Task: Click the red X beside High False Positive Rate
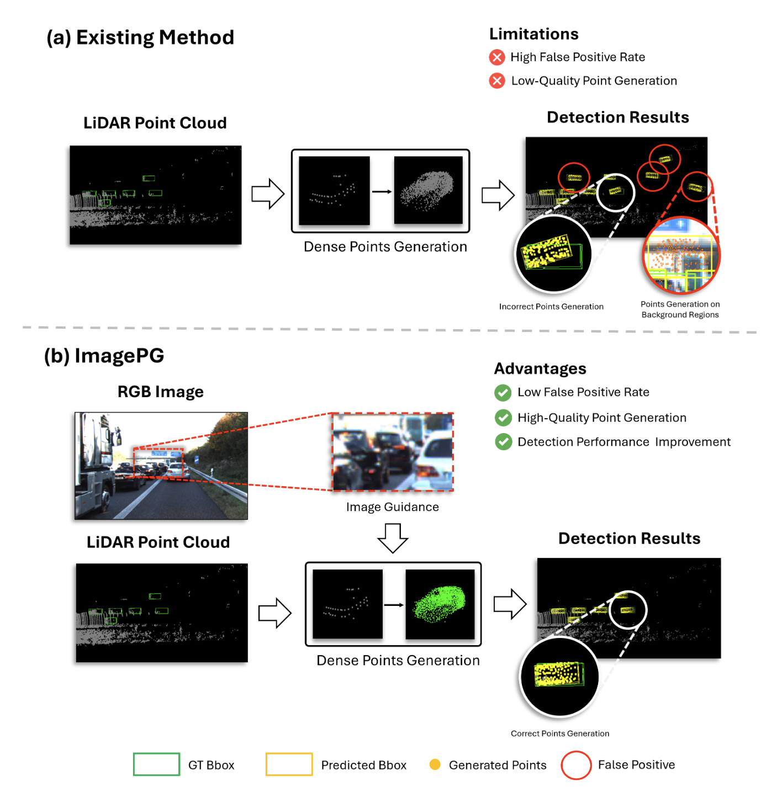click(x=497, y=57)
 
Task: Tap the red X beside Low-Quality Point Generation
click(x=497, y=81)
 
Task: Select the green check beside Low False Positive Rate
click(x=503, y=392)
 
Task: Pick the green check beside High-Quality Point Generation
click(x=503, y=418)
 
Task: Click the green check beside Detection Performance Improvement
click(x=503, y=442)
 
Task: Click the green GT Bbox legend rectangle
click(x=156, y=764)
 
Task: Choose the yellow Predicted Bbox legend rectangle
click(x=289, y=764)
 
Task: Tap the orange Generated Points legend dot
click(x=435, y=764)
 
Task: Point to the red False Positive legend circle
click(x=576, y=765)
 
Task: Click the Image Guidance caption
click(x=392, y=507)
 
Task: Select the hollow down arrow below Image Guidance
click(x=393, y=537)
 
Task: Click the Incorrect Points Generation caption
click(x=551, y=307)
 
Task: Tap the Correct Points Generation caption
click(x=560, y=734)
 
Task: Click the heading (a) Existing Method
click(x=140, y=38)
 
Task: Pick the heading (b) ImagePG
click(x=104, y=356)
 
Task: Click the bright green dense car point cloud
click(x=440, y=603)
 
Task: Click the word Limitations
click(x=533, y=34)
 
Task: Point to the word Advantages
click(x=540, y=368)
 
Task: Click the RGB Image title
click(x=160, y=392)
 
